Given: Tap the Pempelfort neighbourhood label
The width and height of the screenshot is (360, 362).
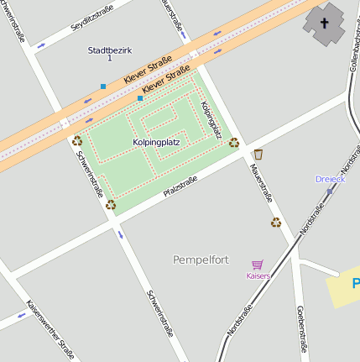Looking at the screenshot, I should tap(201, 259).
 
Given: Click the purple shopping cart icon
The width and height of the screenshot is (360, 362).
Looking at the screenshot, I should tap(258, 265).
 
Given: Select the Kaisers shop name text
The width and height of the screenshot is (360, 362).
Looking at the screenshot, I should tap(258, 275).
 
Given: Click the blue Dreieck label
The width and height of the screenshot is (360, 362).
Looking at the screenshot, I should tap(330, 179).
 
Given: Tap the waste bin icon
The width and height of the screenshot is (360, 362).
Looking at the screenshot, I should tap(258, 154).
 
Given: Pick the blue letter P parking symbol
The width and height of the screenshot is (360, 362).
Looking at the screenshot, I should tap(355, 283).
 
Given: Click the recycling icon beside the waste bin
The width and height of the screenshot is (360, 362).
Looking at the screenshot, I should tap(234, 143).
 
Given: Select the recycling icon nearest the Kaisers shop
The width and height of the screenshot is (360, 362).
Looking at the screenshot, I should tap(275, 223).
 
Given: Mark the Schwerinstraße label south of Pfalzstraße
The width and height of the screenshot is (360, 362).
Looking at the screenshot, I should tap(159, 312).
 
